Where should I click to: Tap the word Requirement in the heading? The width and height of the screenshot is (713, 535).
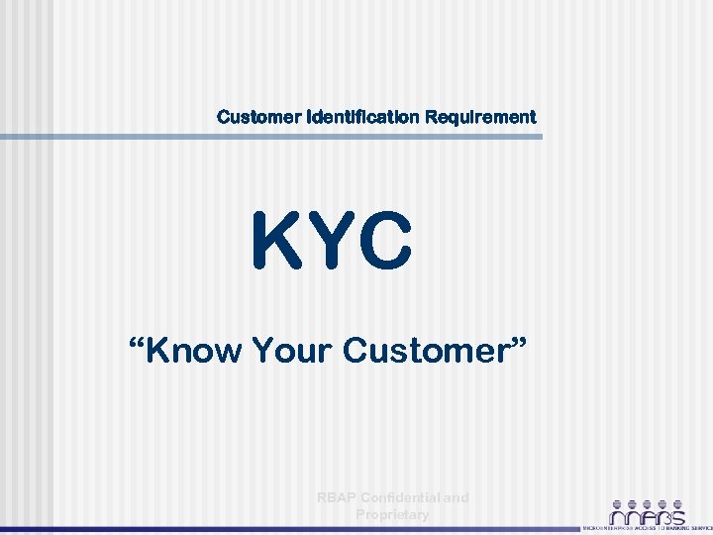point(480,117)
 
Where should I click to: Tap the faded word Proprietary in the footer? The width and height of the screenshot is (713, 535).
point(392,514)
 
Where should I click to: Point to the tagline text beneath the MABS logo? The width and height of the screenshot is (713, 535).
point(647,528)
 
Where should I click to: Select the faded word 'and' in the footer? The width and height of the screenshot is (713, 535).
point(457,497)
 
